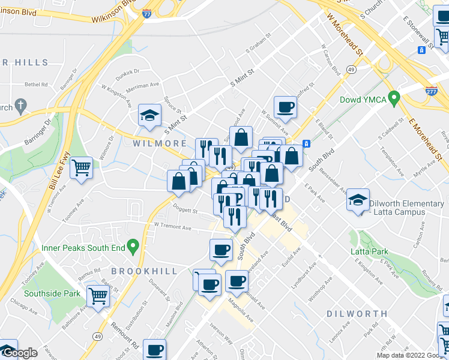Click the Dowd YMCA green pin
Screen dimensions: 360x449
tap(394, 96)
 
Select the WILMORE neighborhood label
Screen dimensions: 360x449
tap(160, 144)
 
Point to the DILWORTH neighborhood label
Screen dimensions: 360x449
tap(357, 314)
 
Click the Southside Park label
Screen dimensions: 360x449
tap(52, 294)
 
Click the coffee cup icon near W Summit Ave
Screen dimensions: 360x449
tap(285, 107)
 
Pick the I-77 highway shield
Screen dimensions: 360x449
tap(147, 16)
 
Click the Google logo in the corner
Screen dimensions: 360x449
tap(20, 353)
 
